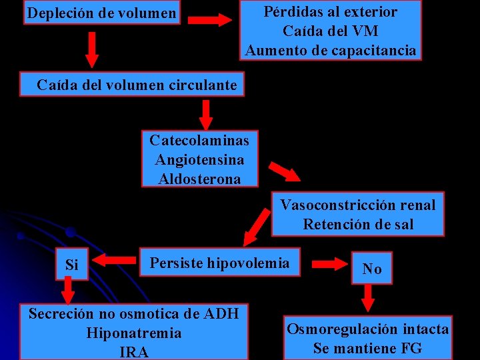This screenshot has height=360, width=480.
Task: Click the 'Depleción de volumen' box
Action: [102, 13]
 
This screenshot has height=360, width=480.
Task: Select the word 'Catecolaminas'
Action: [199, 140]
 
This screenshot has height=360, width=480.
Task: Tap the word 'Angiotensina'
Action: [199, 160]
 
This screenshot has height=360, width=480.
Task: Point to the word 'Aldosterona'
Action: [199, 179]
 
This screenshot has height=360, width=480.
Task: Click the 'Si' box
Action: [72, 265]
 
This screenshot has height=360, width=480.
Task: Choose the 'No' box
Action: [372, 269]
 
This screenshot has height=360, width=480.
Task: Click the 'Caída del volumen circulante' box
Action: [137, 85]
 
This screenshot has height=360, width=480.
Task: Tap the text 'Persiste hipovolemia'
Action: [220, 263]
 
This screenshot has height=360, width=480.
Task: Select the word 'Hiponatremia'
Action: [134, 332]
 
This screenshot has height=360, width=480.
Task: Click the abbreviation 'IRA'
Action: [134, 351]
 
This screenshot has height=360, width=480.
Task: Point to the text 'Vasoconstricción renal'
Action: [357, 205]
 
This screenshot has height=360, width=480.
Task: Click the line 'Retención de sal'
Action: [358, 224]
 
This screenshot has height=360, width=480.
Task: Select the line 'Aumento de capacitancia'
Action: [331, 50]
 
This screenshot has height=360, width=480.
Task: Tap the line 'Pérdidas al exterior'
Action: [331, 11]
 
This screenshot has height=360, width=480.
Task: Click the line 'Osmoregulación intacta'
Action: [367, 329]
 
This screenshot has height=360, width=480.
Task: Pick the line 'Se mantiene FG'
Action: [367, 348]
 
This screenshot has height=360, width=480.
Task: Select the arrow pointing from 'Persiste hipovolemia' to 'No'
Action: [327, 264]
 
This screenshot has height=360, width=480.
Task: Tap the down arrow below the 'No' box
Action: [368, 298]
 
